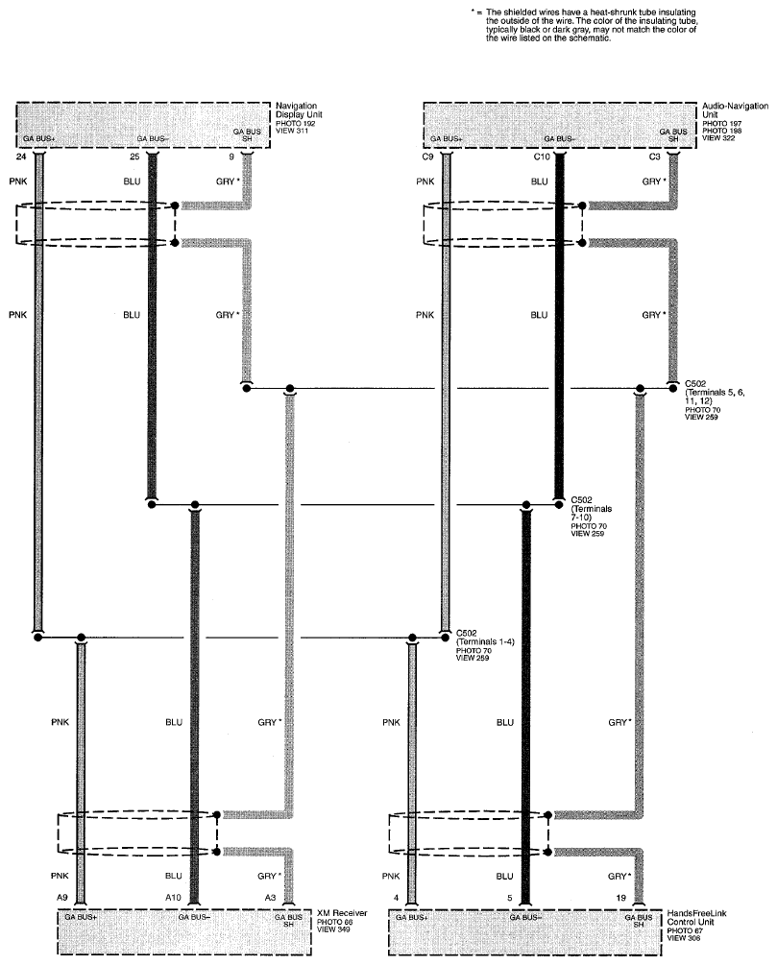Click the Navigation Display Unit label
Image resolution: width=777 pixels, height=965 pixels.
299,110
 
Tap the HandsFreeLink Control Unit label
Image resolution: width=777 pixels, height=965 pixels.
696,918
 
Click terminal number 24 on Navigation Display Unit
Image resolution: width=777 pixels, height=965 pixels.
21,157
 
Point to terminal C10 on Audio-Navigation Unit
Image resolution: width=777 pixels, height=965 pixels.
542,157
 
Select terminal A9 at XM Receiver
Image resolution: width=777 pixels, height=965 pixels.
62,898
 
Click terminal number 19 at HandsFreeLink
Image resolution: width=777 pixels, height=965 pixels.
621,898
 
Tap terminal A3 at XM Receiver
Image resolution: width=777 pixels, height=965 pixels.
270,898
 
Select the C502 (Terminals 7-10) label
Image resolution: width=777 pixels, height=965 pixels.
592,508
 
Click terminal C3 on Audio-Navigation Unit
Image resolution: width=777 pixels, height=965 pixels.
654,157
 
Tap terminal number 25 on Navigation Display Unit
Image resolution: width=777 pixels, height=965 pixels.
134,157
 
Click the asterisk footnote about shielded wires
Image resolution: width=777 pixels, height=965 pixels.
584,25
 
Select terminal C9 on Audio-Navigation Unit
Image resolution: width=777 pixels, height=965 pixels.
427,157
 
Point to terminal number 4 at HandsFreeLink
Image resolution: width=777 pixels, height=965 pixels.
397,898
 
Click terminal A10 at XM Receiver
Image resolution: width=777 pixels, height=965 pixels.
173,898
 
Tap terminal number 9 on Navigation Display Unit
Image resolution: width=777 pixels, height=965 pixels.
231,157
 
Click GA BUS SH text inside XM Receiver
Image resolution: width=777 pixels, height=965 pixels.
288,920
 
